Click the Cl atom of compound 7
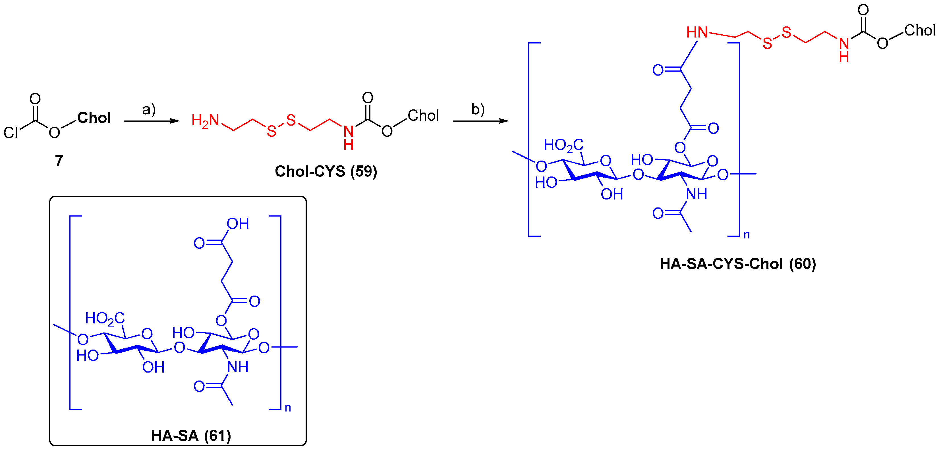[11, 133]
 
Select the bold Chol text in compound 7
[94, 118]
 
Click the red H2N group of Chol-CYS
[205, 120]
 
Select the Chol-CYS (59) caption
[326, 171]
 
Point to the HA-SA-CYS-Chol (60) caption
[737, 263]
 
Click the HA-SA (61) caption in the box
[191, 435]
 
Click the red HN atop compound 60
[697, 32]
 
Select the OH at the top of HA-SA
[238, 224]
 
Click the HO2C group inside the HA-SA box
[105, 318]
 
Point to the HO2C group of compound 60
[563, 145]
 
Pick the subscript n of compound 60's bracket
[747, 235]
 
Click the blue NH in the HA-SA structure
[238, 367]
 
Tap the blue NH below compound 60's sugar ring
[696, 194]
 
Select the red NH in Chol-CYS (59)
[349, 138]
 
